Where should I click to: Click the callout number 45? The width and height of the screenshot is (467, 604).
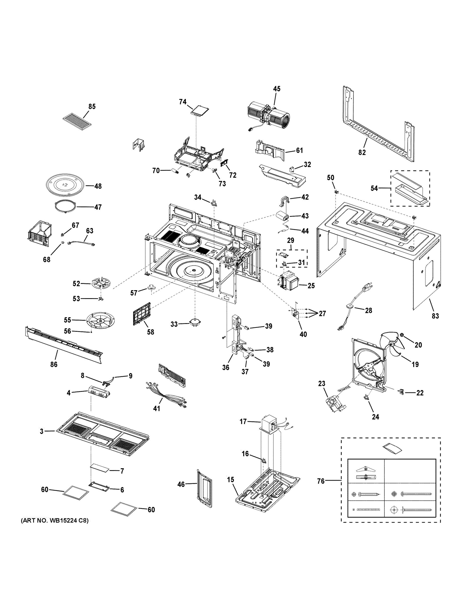276,89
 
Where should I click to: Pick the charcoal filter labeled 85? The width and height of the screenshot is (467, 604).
79,121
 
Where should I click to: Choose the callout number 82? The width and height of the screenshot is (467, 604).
362,152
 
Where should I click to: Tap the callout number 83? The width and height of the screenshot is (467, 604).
435,316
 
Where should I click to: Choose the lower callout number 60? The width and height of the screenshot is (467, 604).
151,509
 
